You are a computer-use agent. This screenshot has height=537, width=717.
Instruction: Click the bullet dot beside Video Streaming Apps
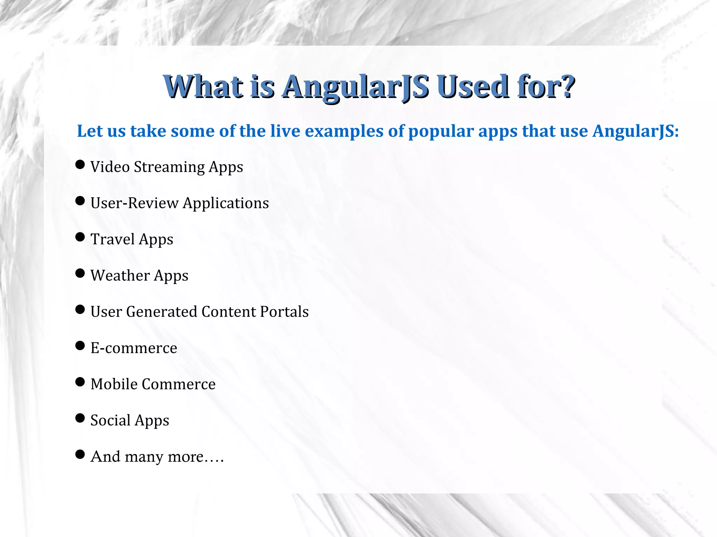pos(80,164)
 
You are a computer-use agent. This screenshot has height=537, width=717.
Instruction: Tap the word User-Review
pos(134,203)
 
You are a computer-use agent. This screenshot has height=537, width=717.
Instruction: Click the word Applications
pos(226,203)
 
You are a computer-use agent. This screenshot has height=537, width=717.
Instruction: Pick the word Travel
pos(113,239)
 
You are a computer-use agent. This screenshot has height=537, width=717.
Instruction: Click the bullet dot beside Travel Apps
pos(80,237)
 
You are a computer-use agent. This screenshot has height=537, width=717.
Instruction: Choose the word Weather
pos(120,275)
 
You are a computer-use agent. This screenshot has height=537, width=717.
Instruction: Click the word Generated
pos(161,312)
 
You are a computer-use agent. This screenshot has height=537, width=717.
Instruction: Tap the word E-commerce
pos(134,348)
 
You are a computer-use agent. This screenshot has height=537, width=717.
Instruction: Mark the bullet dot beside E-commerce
pos(80,346)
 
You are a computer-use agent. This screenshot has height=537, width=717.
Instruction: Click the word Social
pos(110,420)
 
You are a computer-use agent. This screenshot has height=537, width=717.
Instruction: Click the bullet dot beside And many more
pos(80,454)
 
